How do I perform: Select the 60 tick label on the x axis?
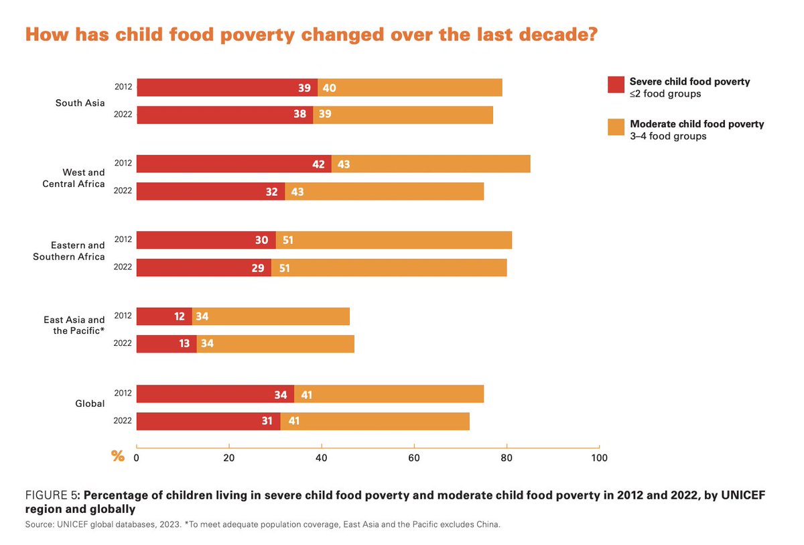coord(414,458)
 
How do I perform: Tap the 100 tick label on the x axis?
coord(599,458)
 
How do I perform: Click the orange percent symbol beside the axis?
coord(118,457)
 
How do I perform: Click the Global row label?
coord(90,404)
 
